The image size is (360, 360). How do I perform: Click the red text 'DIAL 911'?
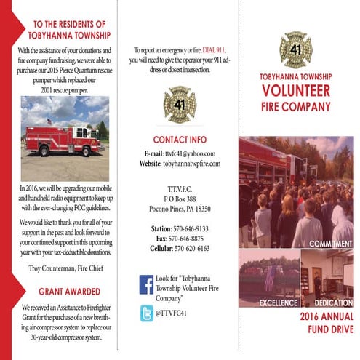[219, 49]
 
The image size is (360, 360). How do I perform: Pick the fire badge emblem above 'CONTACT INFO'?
[180, 105]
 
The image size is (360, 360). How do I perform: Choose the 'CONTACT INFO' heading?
[180, 139]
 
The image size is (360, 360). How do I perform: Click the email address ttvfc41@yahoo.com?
[188, 153]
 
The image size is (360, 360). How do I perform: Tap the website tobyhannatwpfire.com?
[191, 164]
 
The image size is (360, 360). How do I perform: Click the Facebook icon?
[146, 284]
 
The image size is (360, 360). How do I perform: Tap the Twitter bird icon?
[146, 313]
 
